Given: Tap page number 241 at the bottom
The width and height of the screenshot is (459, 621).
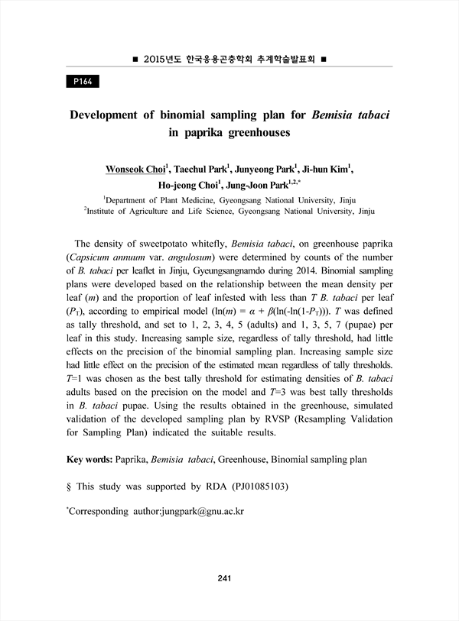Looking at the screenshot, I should click(224, 577).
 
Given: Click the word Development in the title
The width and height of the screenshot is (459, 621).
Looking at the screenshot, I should click(111, 115).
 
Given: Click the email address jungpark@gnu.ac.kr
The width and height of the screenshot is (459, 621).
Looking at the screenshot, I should click(201, 509).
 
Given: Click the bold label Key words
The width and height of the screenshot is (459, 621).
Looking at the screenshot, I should click(89, 461).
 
